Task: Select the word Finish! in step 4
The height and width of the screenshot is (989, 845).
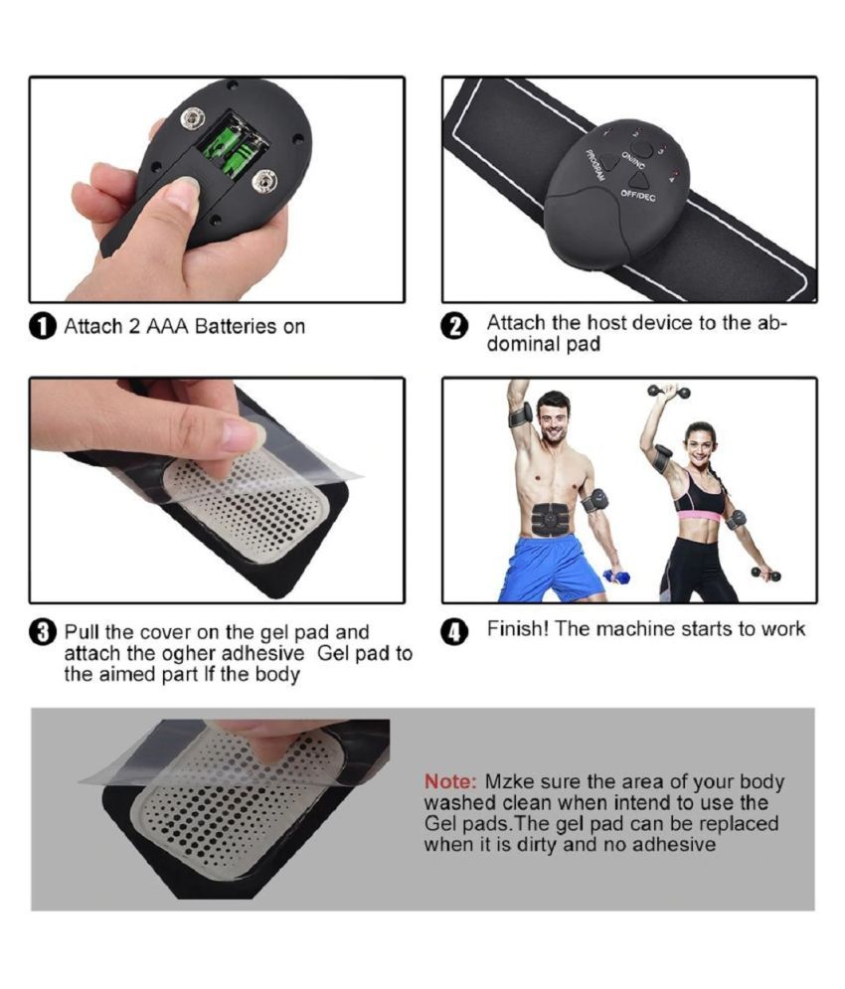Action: (518, 629)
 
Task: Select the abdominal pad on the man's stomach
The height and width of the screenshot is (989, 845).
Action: (554, 520)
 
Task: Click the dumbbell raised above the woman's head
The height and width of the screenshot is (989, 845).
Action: (669, 391)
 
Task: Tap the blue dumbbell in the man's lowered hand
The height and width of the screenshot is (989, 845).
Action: (616, 577)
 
